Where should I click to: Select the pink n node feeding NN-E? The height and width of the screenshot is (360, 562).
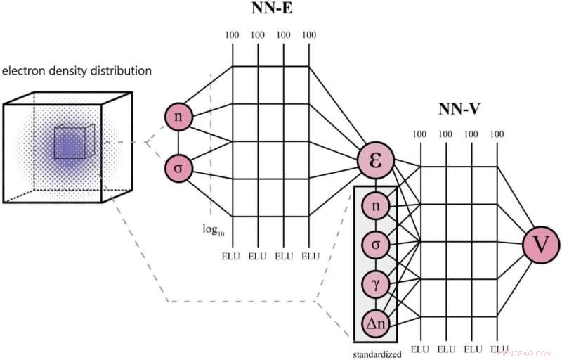coord(178,117)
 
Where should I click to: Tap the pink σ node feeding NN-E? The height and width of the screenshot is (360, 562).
coord(178,168)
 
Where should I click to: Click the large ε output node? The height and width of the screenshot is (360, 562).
coord(375,159)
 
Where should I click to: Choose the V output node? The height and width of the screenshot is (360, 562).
coord(541,245)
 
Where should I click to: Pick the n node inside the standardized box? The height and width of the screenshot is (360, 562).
coord(376,207)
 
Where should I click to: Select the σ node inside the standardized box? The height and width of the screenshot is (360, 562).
coord(376,245)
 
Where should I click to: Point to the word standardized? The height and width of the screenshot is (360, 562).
coord(377,354)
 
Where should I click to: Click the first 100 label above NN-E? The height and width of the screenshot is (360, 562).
coord(233,34)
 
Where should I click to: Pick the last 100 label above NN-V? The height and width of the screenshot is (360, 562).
coord(497,134)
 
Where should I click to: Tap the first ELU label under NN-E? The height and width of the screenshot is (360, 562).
coord(233,257)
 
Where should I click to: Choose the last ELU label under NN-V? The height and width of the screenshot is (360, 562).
coord(499,349)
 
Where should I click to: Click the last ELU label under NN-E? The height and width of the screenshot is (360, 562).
coord(309,257)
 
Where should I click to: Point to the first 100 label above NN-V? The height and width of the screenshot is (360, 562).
coord(420,134)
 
